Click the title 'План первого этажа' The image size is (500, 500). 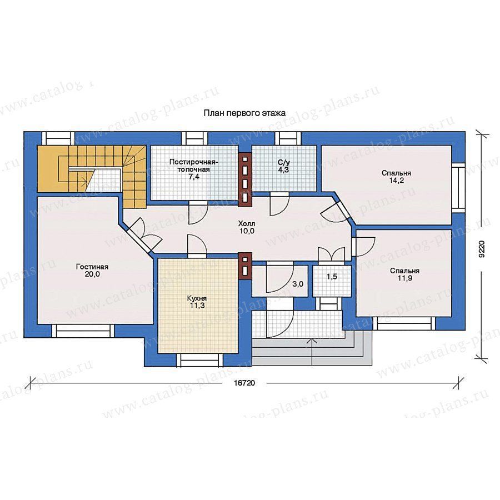pos(244,113)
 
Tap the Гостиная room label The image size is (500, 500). pos(92,267)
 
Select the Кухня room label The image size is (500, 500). pos(197,298)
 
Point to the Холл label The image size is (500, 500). pos(247,224)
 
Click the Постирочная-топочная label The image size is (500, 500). pos(194,166)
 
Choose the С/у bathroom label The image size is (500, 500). pos(283,163)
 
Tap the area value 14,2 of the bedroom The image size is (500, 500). pos(396,181)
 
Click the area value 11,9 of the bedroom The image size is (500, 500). pos(405,278)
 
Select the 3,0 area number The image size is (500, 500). pos(298,284)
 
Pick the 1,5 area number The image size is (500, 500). pos(332,277)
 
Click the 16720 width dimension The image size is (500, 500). pos(244,383)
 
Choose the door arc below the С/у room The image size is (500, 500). pos(279,204)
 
